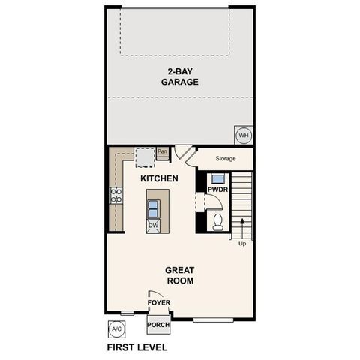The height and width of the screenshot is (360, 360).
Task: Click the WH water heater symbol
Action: click(x=244, y=135)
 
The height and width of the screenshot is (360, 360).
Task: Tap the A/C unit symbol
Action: click(x=116, y=328)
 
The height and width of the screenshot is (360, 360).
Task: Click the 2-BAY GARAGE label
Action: click(x=179, y=77)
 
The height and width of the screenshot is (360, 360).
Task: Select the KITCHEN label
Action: click(x=159, y=179)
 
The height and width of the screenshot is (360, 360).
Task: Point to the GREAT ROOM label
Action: click(x=180, y=274)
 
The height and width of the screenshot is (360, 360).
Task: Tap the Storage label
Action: click(x=226, y=159)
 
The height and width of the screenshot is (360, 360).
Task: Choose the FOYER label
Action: click(x=159, y=303)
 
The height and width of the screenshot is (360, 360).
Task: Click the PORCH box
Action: click(x=158, y=325)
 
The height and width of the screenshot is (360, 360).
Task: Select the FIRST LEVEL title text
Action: click(x=137, y=347)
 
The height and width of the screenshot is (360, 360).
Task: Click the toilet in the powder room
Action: click(x=218, y=221)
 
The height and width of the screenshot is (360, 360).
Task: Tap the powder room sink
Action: click(x=217, y=179)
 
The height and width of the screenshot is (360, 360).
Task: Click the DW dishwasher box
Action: click(x=153, y=224)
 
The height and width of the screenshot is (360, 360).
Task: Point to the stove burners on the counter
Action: click(x=117, y=196)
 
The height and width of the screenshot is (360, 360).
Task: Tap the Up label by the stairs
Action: click(x=241, y=243)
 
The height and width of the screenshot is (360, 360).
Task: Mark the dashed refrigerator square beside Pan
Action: click(x=144, y=156)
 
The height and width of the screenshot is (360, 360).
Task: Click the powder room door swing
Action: click(x=200, y=203)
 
